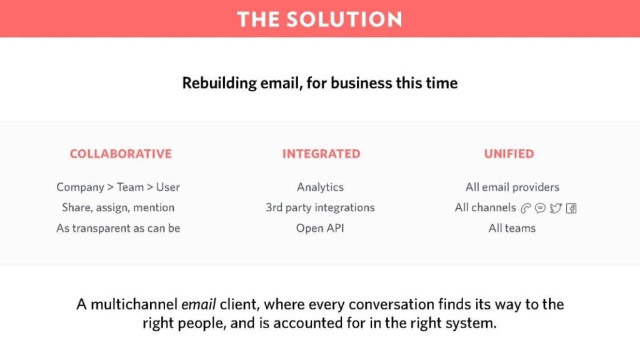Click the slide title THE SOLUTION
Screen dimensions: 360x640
[319, 19]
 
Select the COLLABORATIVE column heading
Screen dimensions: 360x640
[121, 154]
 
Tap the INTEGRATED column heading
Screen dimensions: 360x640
[321, 154]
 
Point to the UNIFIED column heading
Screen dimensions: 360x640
[509, 154]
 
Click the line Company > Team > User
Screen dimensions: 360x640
[118, 187]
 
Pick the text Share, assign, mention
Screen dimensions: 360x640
[118, 207]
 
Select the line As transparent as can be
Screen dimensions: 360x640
[118, 228]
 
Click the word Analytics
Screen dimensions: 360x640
[320, 187]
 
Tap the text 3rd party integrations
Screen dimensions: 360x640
[320, 207]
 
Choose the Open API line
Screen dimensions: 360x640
[320, 228]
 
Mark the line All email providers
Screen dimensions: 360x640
[512, 187]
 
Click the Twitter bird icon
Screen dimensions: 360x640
[556, 209]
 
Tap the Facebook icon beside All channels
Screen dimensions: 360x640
[571, 209]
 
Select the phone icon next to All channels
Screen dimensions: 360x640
[525, 209]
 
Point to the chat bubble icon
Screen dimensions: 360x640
[540, 209]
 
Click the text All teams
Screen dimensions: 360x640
[512, 228]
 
